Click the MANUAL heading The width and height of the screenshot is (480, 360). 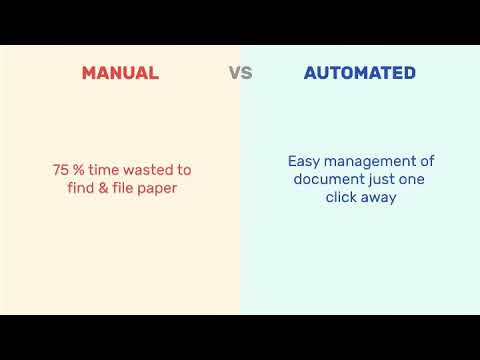coord(120,73)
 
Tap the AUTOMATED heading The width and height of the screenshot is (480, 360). coord(360,73)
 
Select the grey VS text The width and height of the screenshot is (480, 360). coord(240,73)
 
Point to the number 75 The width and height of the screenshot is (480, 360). coord(61,170)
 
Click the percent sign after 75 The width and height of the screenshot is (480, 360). coord(79,170)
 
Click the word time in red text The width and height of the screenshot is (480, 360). coord(104,170)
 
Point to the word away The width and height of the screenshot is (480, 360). coord(380,197)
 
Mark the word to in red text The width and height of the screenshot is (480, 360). coord(183,170)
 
